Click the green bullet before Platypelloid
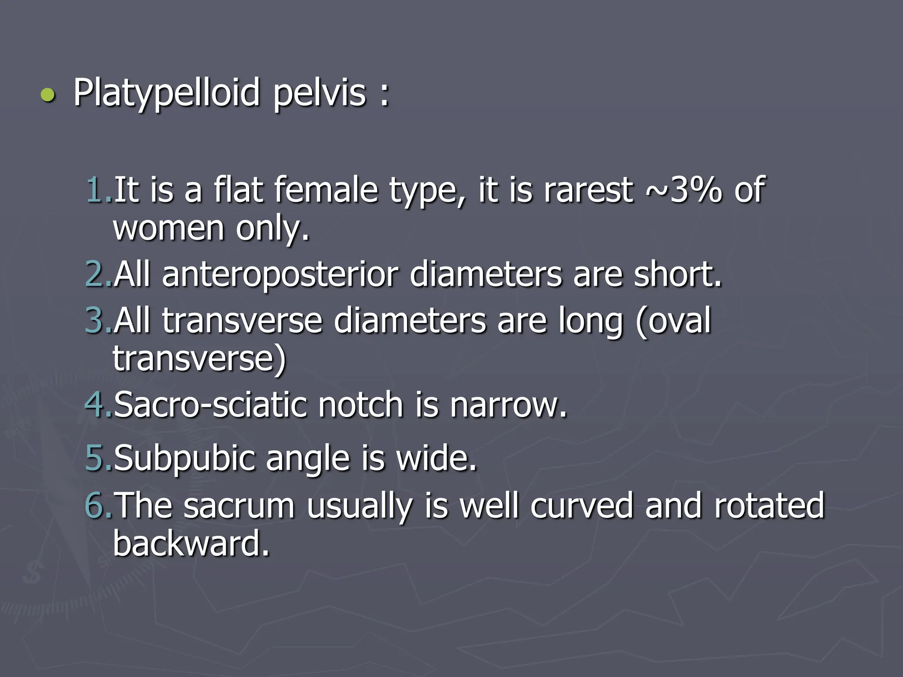(48, 95)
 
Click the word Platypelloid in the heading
(166, 93)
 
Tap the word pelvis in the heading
(320, 93)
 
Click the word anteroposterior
(280, 274)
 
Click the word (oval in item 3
(673, 320)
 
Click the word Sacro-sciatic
(210, 404)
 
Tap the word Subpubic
(184, 458)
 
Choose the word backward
(191, 543)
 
